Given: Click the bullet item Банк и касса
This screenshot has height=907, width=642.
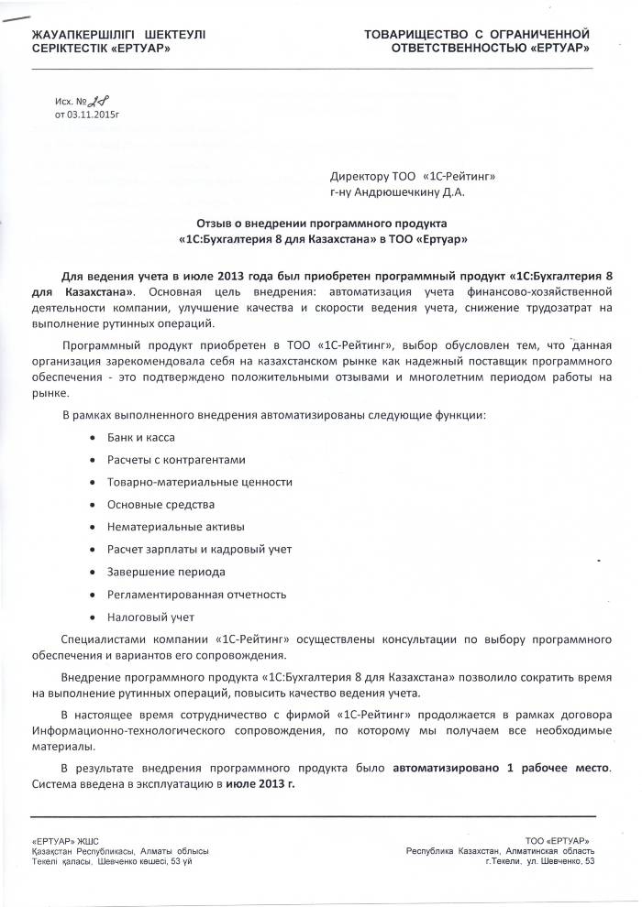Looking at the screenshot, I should [x=141, y=438].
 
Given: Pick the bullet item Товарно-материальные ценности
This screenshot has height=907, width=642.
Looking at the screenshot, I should [x=199, y=482].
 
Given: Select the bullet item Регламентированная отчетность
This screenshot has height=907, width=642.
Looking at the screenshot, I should [x=196, y=594].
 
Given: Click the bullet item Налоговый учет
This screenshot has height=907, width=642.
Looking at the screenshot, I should [x=150, y=617].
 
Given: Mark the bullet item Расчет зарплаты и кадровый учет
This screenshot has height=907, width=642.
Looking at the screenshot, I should [x=199, y=549].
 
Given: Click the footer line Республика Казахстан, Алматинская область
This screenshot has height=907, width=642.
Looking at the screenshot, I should [x=501, y=851].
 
